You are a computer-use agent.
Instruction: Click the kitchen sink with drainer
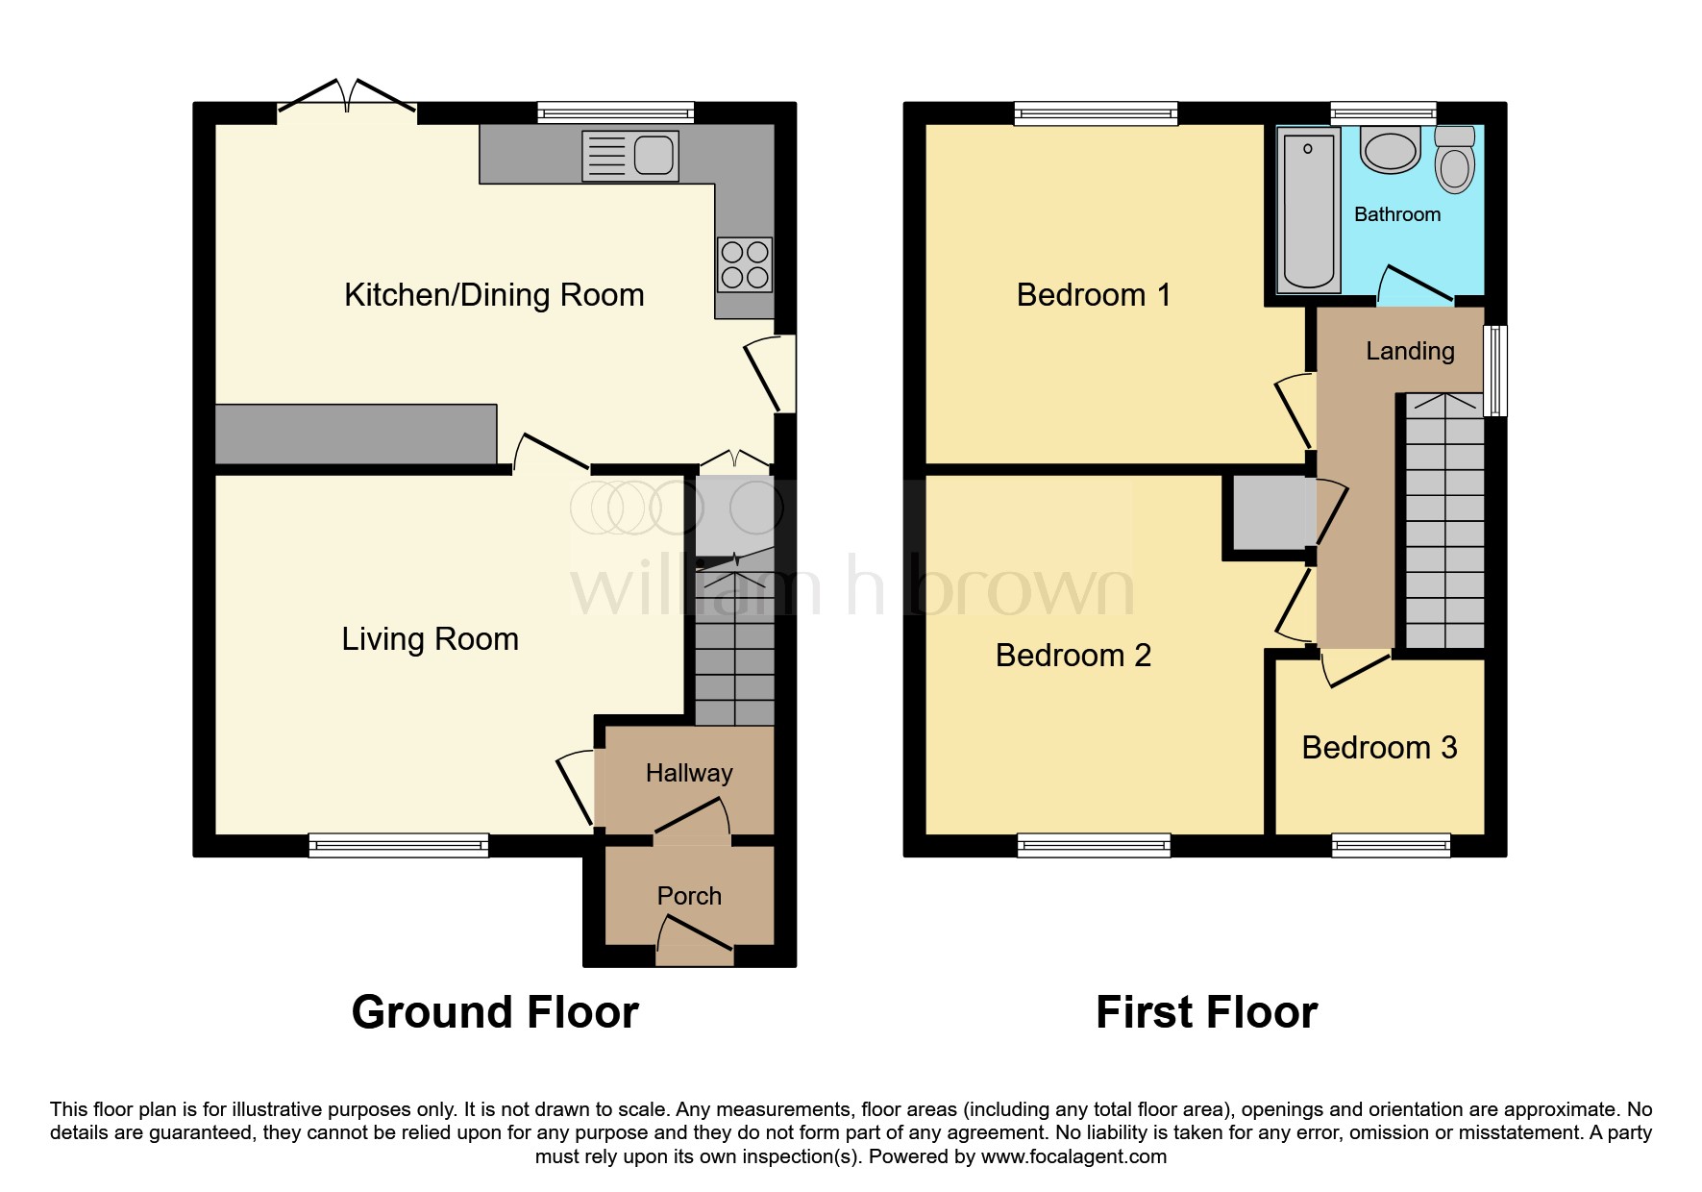click(630, 156)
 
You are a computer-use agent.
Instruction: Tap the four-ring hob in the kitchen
click(745, 264)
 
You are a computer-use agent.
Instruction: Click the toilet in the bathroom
click(1455, 160)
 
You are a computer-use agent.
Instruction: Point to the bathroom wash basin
click(1391, 151)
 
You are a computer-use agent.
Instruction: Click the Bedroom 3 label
click(1379, 748)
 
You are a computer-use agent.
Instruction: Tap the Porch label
click(689, 896)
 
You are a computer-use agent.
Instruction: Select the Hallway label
click(689, 773)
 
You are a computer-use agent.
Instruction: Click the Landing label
click(1410, 351)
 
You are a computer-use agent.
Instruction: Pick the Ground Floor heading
click(495, 1012)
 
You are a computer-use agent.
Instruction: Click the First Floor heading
click(1206, 1012)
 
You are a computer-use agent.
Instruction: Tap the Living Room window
click(399, 845)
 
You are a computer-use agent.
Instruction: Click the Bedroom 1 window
click(1097, 113)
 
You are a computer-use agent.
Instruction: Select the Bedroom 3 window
click(1391, 845)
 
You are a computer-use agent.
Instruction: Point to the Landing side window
click(1495, 370)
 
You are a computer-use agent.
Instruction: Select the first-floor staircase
click(1445, 520)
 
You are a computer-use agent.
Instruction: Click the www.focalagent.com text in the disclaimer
click(1073, 1156)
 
